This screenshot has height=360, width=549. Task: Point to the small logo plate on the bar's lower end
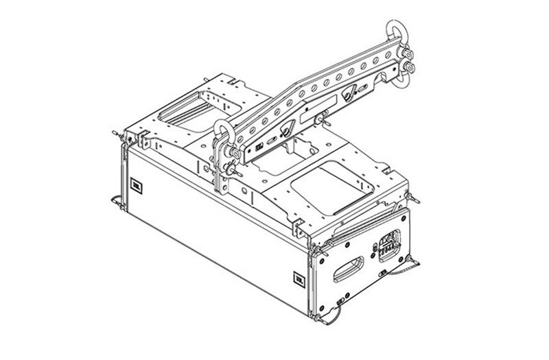click(259, 147)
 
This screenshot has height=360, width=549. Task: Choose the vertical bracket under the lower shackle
click(221, 178)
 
